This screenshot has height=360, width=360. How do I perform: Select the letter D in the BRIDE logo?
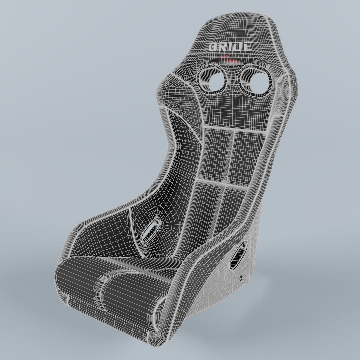[237, 47]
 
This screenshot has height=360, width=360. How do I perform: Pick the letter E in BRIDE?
[247, 47]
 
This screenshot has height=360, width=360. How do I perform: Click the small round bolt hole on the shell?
[241, 277]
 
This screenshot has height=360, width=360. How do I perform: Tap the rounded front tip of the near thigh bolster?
[160, 320]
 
